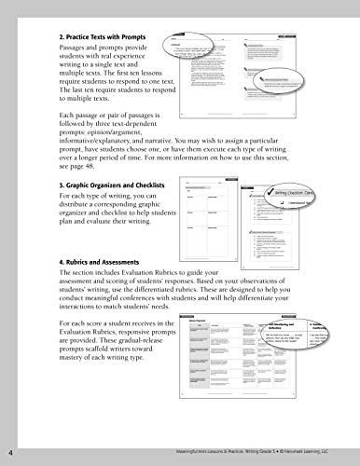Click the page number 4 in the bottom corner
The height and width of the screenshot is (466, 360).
(8, 454)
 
